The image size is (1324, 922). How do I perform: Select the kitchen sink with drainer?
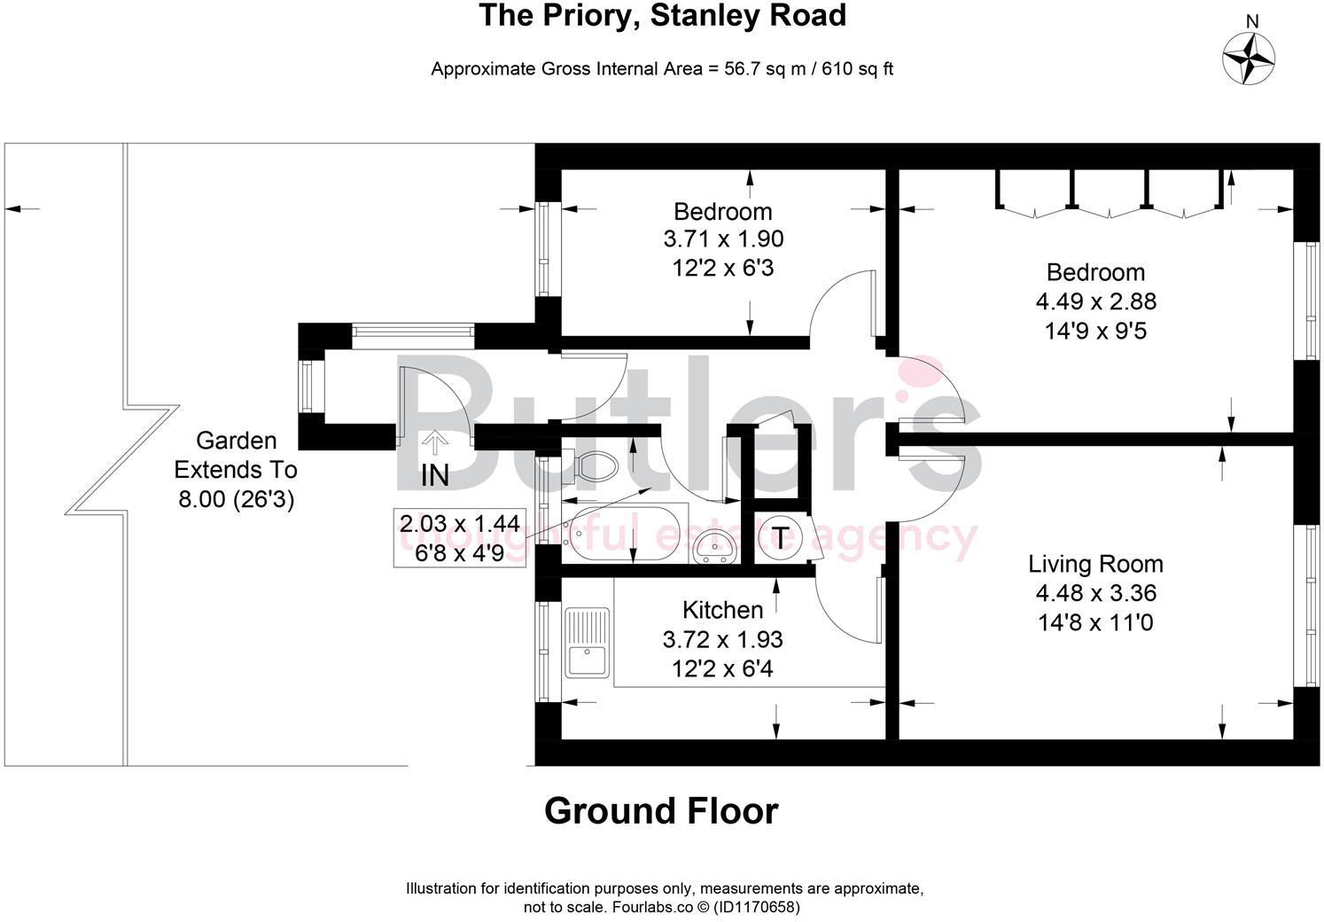click(x=587, y=642)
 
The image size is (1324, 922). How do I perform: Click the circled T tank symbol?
click(x=780, y=538)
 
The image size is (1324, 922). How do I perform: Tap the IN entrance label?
click(x=435, y=475)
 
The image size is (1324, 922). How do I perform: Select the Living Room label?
click(x=1095, y=564)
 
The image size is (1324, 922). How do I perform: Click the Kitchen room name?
click(x=722, y=610)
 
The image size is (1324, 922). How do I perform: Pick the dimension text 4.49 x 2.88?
click(x=1095, y=301)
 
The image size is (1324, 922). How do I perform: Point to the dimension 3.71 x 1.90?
click(x=723, y=239)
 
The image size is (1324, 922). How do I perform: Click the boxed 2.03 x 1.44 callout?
click(x=459, y=537)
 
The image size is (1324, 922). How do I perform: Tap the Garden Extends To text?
click(x=235, y=456)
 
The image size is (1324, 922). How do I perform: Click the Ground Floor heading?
click(x=661, y=811)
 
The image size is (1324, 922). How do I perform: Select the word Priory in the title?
click(x=588, y=16)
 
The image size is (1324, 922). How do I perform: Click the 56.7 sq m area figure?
click(x=765, y=69)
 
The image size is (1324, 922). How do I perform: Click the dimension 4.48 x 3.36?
click(x=1095, y=592)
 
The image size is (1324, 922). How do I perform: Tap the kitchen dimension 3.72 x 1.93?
click(x=722, y=639)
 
